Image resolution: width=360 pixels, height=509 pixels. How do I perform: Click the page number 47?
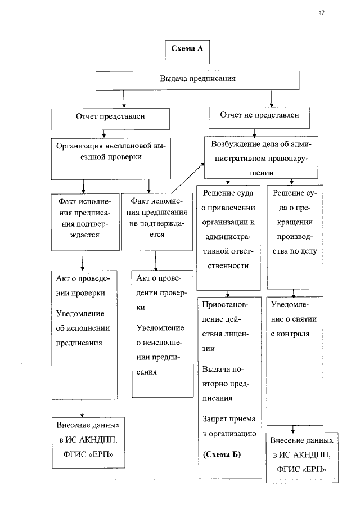tap(322, 13)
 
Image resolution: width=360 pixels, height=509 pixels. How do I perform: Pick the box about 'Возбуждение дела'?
tap(262, 157)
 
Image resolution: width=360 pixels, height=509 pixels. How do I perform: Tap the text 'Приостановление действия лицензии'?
tap(228, 326)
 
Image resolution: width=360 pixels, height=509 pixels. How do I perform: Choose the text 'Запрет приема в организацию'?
tap(228, 426)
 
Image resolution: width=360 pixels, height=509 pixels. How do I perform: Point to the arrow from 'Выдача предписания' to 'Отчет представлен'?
tap(123, 100)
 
